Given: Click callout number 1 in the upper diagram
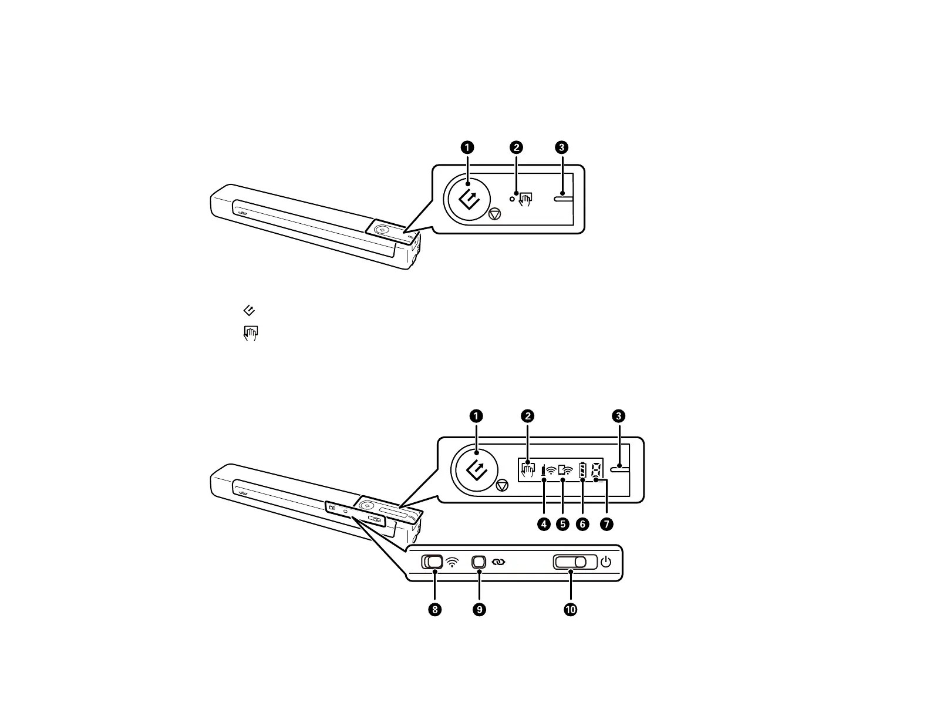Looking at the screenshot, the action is click(x=467, y=147).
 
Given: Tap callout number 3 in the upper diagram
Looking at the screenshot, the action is click(x=561, y=147).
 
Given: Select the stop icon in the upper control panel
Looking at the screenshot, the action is click(x=494, y=214).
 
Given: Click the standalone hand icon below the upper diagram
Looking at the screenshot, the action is click(x=251, y=334).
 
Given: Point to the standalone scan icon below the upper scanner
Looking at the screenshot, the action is click(x=249, y=310).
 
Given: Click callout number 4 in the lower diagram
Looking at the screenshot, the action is click(x=544, y=524).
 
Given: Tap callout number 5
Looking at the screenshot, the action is click(x=563, y=524).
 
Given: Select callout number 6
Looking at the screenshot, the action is click(x=582, y=524).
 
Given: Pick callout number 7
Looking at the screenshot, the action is click(x=606, y=524).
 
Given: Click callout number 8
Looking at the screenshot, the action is click(x=435, y=610).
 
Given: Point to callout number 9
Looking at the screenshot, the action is click(x=479, y=610).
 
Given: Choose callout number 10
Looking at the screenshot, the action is click(x=570, y=610).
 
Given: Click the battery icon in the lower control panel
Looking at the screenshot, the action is click(x=582, y=470).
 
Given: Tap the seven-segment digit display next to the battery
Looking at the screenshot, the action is click(x=595, y=470).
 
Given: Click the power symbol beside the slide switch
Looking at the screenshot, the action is click(x=606, y=562).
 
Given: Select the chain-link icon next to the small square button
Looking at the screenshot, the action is click(x=498, y=562).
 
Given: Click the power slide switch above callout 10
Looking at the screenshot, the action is click(x=575, y=562).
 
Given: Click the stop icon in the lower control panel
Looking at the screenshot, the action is click(x=501, y=485).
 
